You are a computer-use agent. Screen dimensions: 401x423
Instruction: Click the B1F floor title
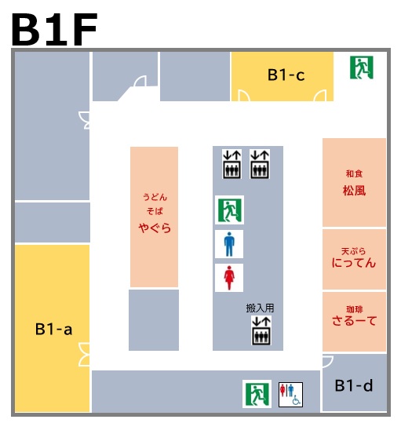point(54,29)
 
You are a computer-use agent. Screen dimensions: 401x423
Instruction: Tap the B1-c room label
point(286,75)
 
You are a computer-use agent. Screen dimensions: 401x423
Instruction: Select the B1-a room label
point(53,329)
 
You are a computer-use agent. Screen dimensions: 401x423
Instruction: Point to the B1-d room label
point(354,385)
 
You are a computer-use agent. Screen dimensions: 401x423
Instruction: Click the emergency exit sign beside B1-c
point(361,67)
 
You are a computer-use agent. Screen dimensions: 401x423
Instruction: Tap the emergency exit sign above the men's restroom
point(229,210)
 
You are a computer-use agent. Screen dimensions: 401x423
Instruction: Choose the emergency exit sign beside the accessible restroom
point(257,394)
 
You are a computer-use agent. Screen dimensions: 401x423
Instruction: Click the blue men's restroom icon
point(229,244)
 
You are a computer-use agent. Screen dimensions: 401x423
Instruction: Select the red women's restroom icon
point(229,278)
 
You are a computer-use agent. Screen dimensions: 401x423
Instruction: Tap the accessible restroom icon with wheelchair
point(290,395)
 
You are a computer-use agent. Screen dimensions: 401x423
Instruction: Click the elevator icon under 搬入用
point(261,330)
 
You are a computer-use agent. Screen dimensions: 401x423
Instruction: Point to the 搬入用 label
point(260,308)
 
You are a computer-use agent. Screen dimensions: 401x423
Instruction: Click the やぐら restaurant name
point(155,228)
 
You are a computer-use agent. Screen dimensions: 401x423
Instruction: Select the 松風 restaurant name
point(354,191)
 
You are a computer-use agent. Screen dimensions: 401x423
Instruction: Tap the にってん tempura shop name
point(354,262)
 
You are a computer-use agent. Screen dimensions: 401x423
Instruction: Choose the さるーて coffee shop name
point(354,321)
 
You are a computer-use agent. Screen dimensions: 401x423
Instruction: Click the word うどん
point(155,197)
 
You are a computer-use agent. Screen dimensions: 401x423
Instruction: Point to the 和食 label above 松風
point(354,173)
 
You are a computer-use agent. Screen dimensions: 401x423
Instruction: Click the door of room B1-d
point(328,362)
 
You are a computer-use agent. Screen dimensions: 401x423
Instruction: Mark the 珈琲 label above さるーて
point(355,309)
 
